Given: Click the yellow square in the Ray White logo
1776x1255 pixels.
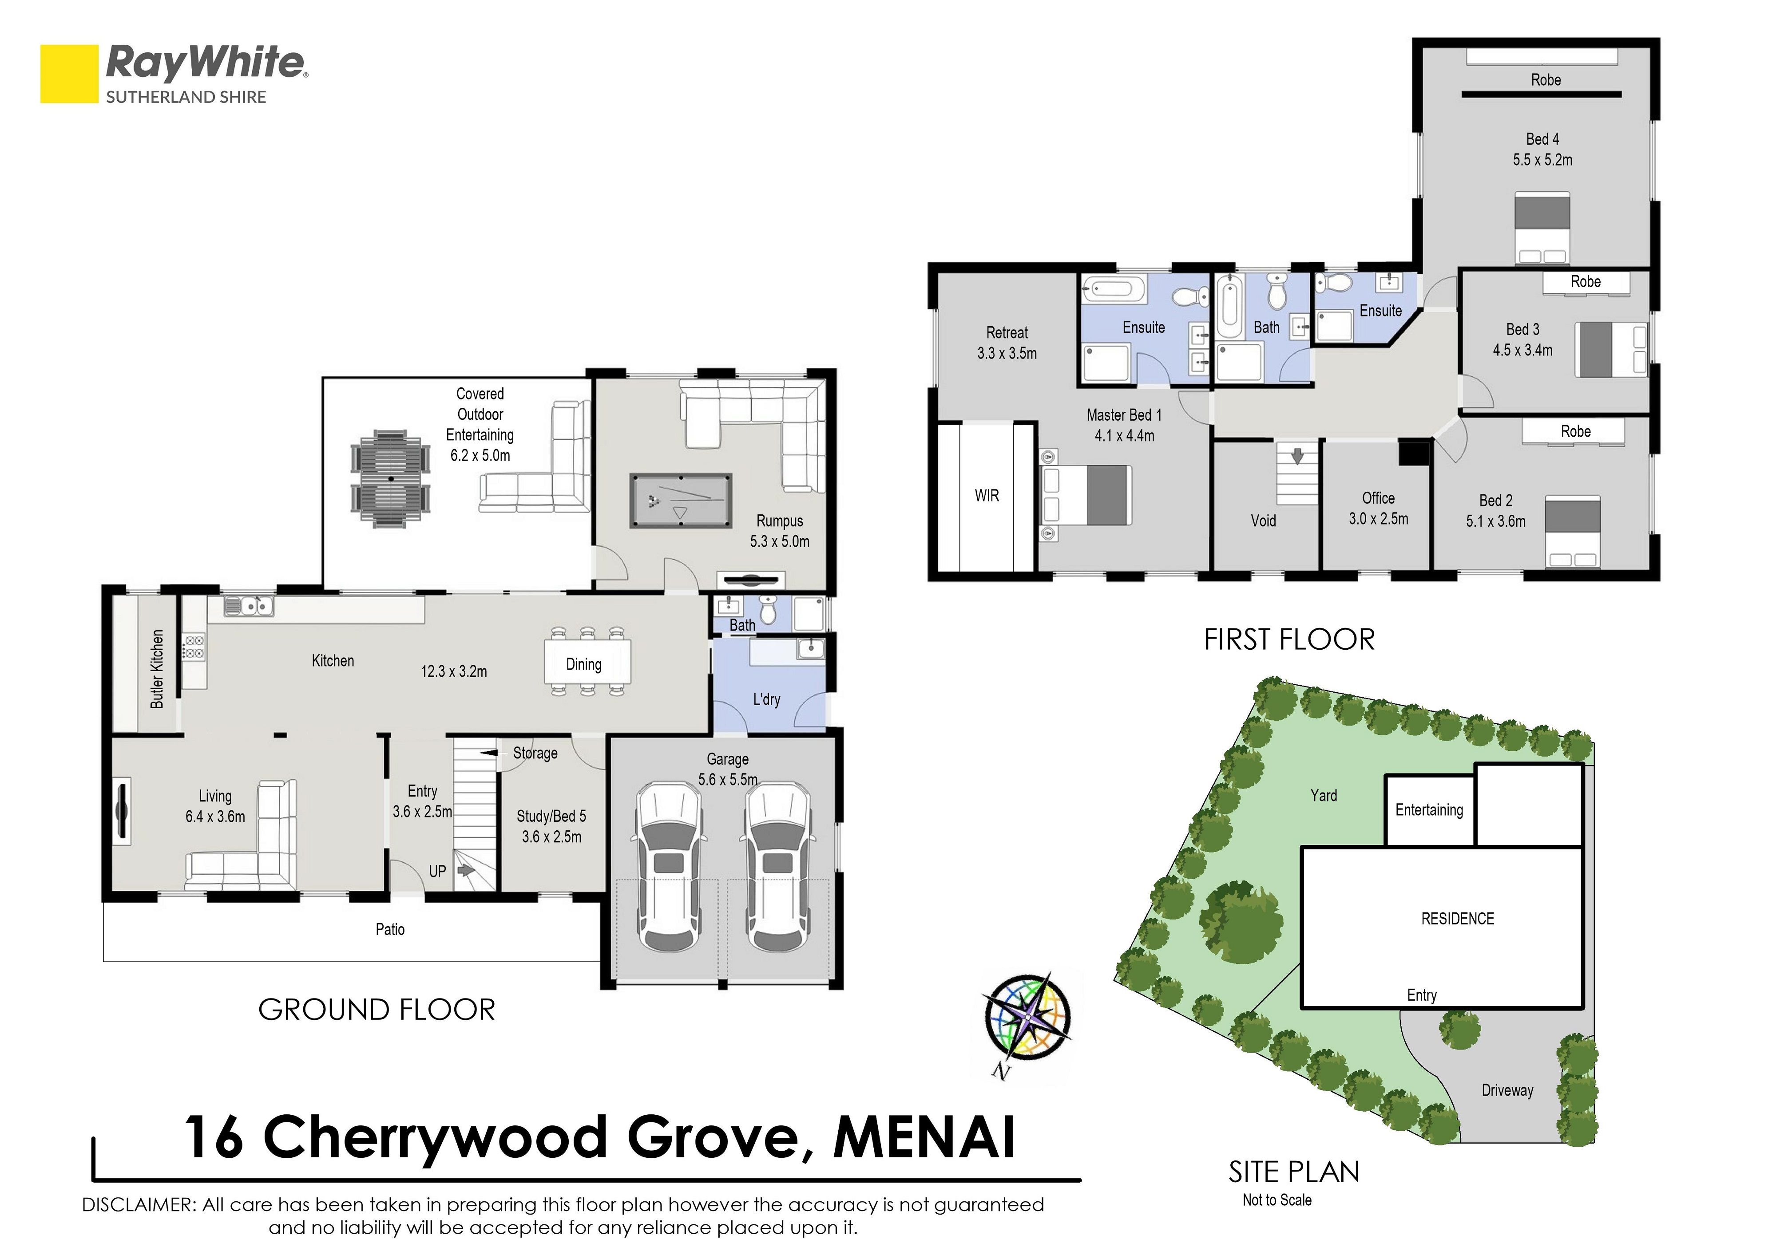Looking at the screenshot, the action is (70, 74).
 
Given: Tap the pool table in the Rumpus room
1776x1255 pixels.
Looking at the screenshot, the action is (681, 501).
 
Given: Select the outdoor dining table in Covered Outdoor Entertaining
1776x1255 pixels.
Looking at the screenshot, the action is (392, 479).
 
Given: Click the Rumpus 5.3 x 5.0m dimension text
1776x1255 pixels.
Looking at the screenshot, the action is (780, 541).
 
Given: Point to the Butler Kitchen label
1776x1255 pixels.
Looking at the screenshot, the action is (157, 669).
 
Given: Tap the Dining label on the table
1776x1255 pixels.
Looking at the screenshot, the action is (583, 664).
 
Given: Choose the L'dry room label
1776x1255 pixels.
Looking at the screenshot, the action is (766, 699).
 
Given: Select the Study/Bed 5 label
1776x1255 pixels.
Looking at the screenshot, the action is (551, 816).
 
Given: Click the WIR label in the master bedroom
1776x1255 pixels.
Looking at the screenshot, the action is (987, 496).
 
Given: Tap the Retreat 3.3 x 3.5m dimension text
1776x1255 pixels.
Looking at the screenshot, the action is (1007, 353).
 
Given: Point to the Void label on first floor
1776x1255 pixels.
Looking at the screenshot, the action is (1263, 521).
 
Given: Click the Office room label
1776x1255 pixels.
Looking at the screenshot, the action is (1379, 498).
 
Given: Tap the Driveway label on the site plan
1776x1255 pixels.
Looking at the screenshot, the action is (1507, 1090).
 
